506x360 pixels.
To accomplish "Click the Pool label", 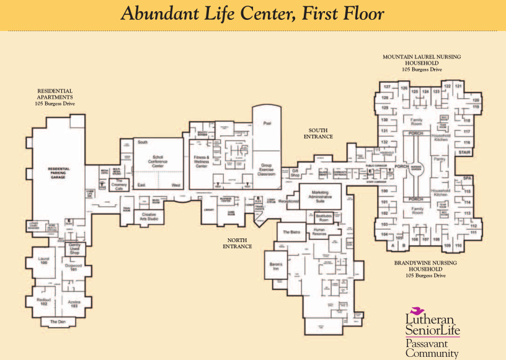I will click(x=267, y=124).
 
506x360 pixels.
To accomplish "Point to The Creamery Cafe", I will click(x=118, y=186).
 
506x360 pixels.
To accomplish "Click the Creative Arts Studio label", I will click(x=148, y=217).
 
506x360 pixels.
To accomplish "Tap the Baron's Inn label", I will click(x=276, y=265).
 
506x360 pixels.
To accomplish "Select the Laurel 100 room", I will click(x=43, y=261).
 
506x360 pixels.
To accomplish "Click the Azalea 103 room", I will click(x=73, y=304).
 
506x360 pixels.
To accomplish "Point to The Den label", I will click(x=58, y=322).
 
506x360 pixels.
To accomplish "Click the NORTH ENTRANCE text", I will click(x=237, y=243).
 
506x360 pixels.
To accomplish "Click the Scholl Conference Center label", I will click(x=158, y=163).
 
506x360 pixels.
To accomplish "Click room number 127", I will click(x=386, y=87).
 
